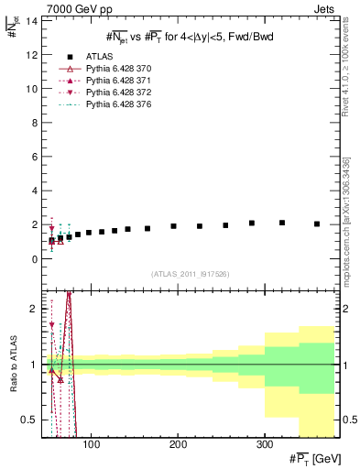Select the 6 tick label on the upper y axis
point(34,157)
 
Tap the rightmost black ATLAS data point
point(317,224)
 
